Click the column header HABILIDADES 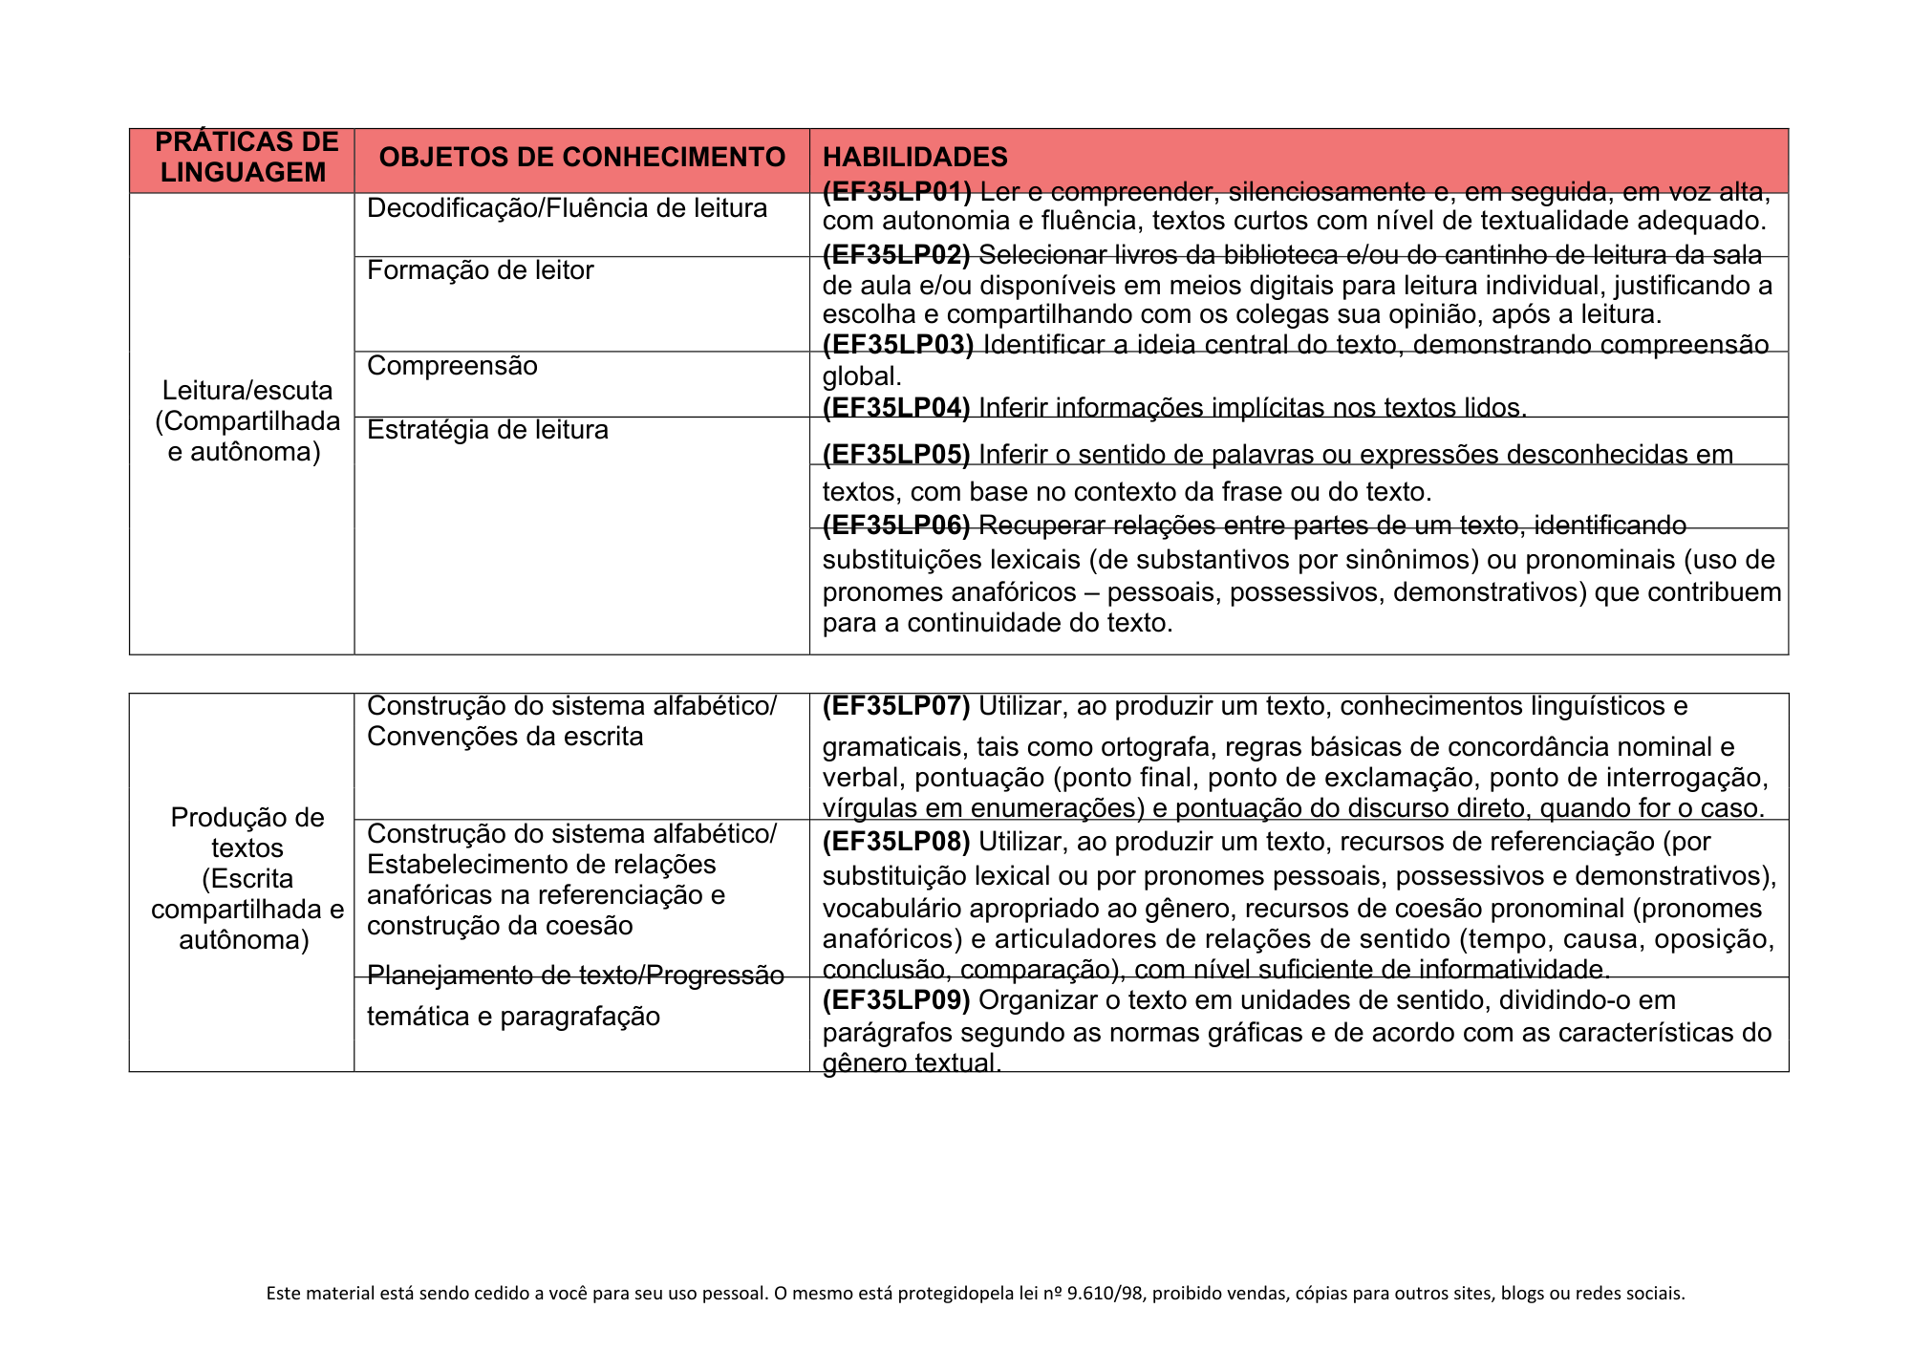(914, 158)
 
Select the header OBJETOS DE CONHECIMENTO (582, 158)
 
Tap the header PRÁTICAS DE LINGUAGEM (246, 158)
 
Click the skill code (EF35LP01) (896, 192)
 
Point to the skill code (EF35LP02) (896, 255)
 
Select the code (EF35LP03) (897, 345)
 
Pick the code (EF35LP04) (896, 408)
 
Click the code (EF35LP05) (896, 455)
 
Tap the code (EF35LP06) (896, 525)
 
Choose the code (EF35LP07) (896, 706)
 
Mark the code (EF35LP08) (896, 842)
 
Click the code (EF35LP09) (896, 1000)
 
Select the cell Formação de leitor (480, 270)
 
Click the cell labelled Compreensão (452, 366)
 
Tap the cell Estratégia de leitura (487, 430)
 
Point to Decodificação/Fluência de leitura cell (567, 208)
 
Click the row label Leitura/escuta (247, 391)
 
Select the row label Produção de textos (247, 832)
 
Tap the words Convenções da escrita (505, 737)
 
